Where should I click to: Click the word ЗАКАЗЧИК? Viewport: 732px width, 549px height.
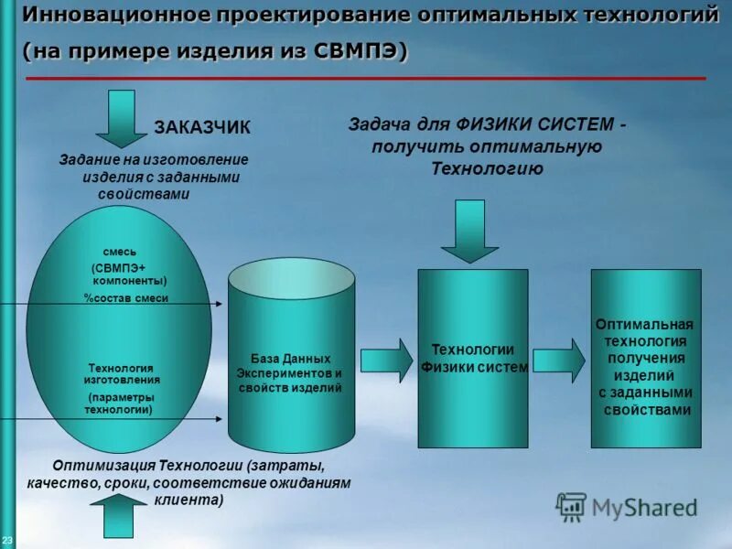tap(201, 126)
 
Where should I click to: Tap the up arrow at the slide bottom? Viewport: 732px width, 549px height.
tap(118, 516)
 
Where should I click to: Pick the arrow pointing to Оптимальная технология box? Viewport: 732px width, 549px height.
tap(559, 361)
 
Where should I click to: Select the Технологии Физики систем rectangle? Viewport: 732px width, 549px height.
tap(473, 359)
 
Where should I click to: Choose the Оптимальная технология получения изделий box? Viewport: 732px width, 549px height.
tap(645, 359)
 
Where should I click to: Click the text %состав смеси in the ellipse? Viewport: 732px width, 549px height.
tap(125, 298)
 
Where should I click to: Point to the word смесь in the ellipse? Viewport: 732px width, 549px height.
tap(120, 251)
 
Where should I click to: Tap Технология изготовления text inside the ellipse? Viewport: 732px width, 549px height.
tap(122, 373)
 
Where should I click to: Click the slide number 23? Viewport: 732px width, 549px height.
tap(7, 540)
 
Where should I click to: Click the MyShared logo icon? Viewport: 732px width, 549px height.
tap(572, 506)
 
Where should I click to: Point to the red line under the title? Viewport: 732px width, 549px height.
tap(366, 80)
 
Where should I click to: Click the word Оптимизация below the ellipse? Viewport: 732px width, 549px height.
tap(104, 465)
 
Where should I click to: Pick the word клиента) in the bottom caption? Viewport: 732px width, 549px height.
tap(188, 501)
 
